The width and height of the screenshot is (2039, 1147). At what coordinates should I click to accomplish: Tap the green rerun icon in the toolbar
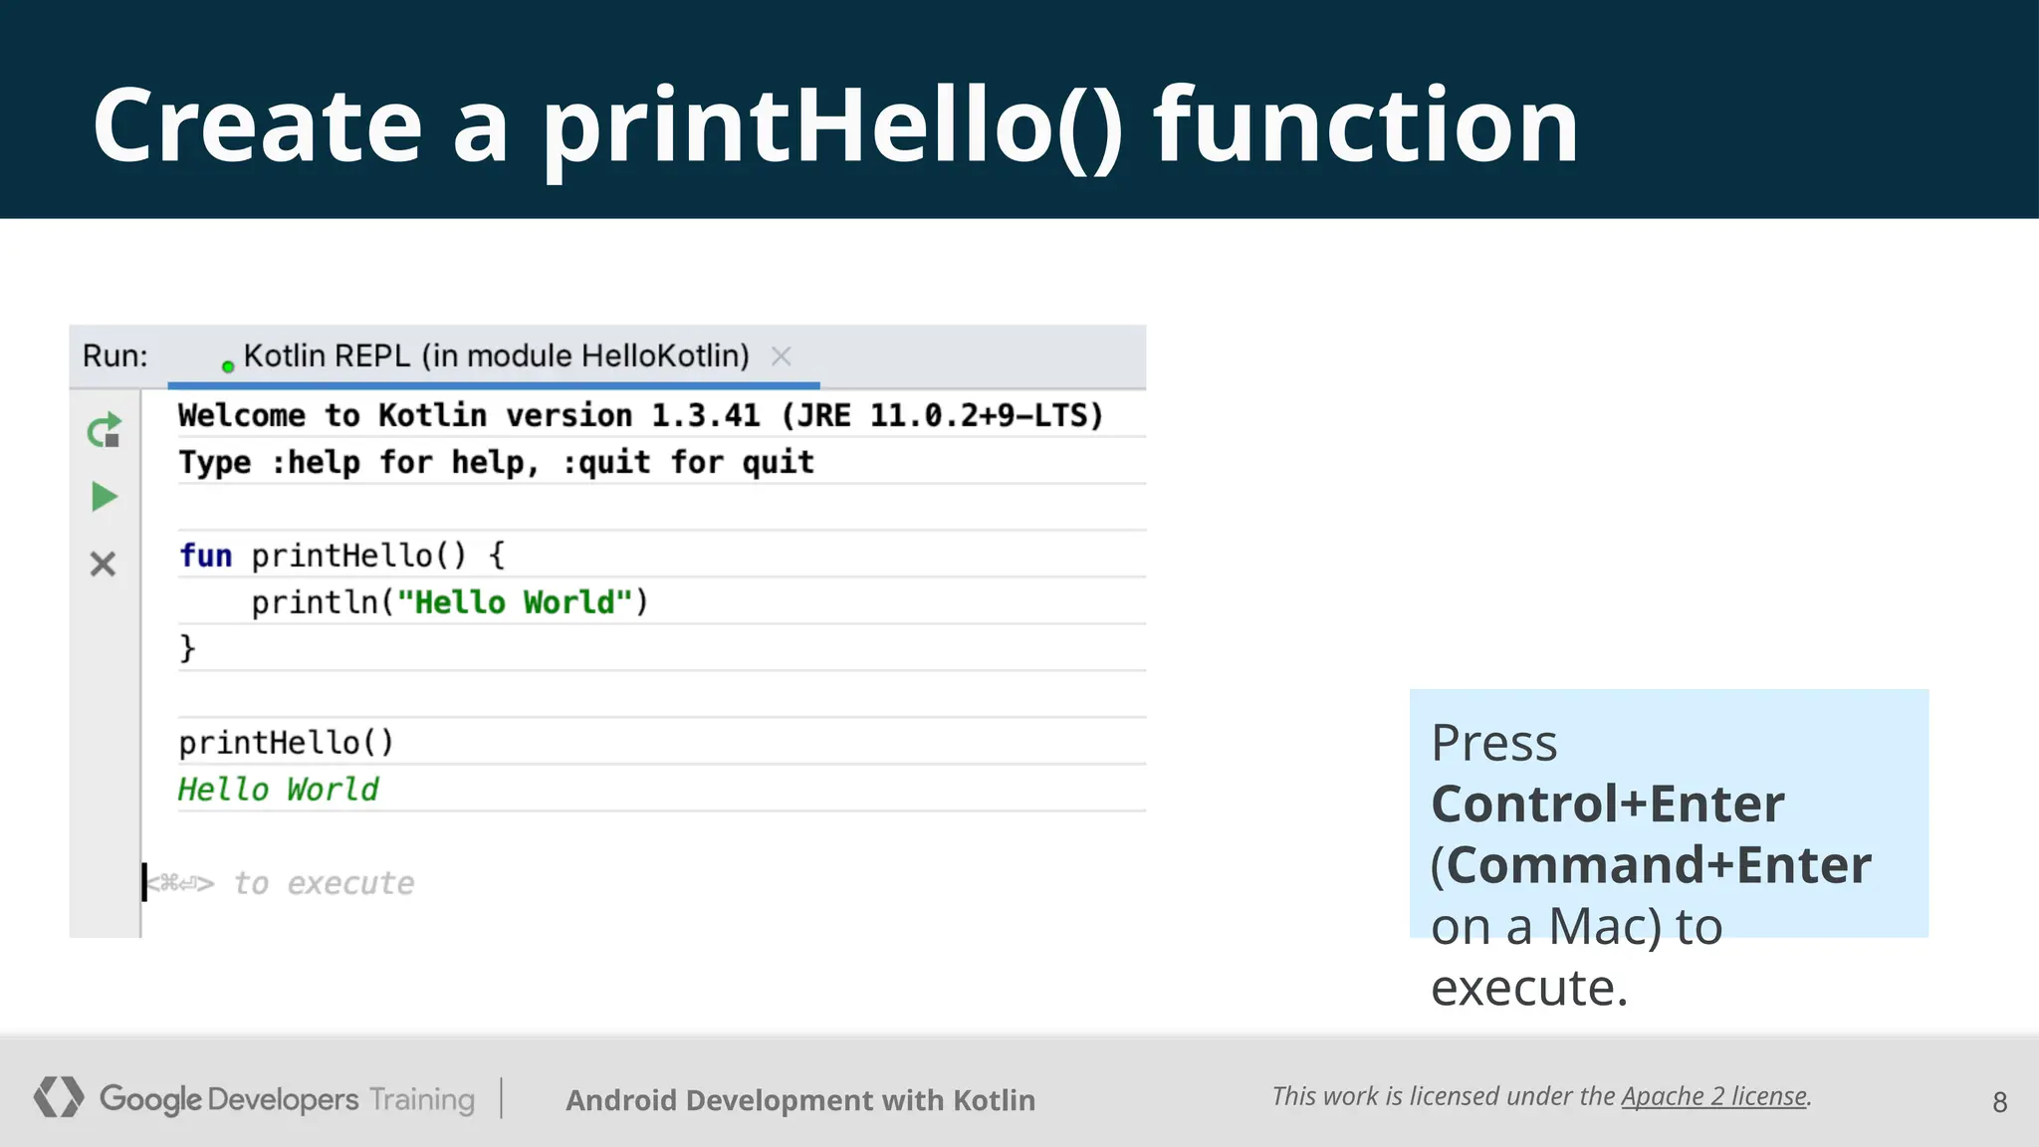tap(104, 431)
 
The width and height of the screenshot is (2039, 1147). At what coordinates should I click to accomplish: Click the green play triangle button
tap(104, 496)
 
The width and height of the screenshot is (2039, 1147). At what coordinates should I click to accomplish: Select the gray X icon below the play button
tap(103, 565)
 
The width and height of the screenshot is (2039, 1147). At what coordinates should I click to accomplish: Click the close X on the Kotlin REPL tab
tap(782, 356)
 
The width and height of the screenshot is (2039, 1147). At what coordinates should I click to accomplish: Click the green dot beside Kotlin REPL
tap(228, 367)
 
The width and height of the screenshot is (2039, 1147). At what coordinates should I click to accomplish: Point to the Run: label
tap(114, 356)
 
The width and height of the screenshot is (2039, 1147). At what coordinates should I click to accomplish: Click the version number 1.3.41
tap(705, 415)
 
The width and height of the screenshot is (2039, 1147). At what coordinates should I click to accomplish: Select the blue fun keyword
tap(205, 556)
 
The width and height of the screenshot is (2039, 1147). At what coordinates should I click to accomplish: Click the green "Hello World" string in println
tap(515, 602)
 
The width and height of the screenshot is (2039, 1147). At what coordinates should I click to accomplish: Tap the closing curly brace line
tap(187, 648)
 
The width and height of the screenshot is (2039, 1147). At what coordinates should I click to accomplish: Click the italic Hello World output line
tap(278, 790)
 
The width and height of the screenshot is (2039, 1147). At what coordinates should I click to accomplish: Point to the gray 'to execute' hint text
tap(323, 883)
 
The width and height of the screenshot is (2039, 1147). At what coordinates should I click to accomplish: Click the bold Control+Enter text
tap(1607, 804)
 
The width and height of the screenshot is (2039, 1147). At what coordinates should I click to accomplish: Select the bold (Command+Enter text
tap(1651, 865)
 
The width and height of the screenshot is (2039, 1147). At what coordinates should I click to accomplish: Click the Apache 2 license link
tap(1713, 1096)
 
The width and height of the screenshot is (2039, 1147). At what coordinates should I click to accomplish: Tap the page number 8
tap(1999, 1102)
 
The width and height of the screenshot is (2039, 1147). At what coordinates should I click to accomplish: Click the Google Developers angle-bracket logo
tap(58, 1097)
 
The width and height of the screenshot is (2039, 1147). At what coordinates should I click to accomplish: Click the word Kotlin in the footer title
tap(994, 1100)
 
